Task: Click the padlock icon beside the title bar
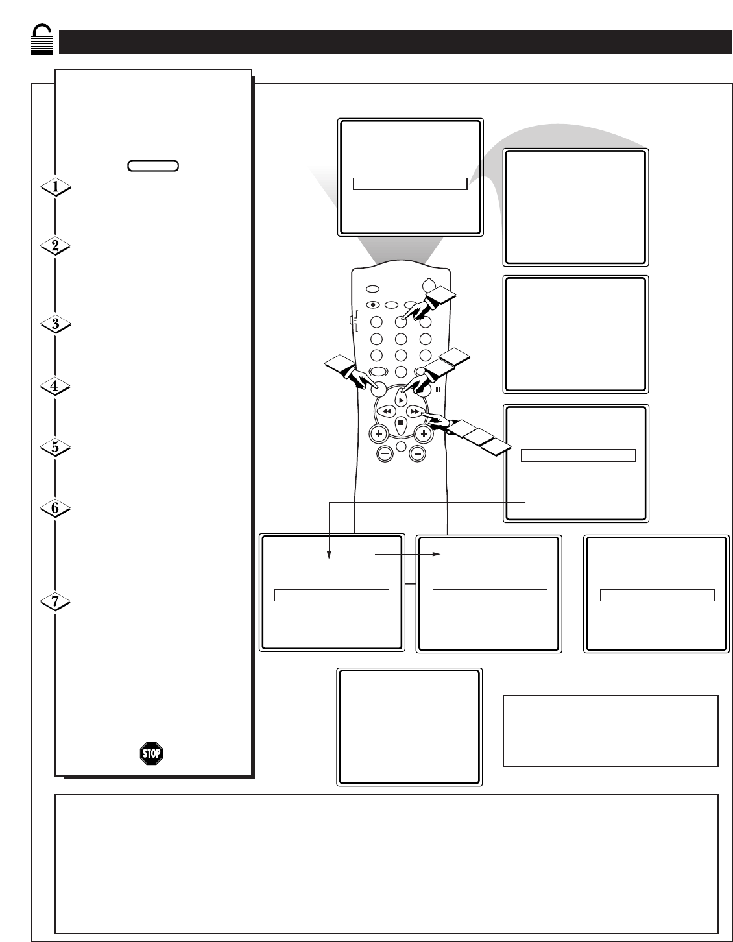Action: click(x=42, y=40)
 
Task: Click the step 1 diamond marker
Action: click(x=56, y=187)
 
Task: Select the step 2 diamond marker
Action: click(x=56, y=246)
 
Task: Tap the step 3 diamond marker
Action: click(x=56, y=324)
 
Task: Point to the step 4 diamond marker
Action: click(x=55, y=386)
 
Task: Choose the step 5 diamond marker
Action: click(x=56, y=447)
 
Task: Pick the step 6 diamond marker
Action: click(x=55, y=508)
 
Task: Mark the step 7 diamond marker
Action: click(x=55, y=601)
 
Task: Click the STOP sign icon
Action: click(x=151, y=753)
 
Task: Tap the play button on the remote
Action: click(x=401, y=399)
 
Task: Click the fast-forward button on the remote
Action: click(x=415, y=411)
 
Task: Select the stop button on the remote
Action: click(x=401, y=424)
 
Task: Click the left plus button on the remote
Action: click(x=379, y=433)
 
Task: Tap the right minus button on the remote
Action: click(x=418, y=454)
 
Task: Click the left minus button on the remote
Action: click(x=385, y=454)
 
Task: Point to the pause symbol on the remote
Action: click(x=438, y=389)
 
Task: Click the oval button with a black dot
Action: click(x=373, y=305)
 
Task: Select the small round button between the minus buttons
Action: click(x=401, y=446)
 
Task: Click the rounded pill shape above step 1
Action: click(x=153, y=165)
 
